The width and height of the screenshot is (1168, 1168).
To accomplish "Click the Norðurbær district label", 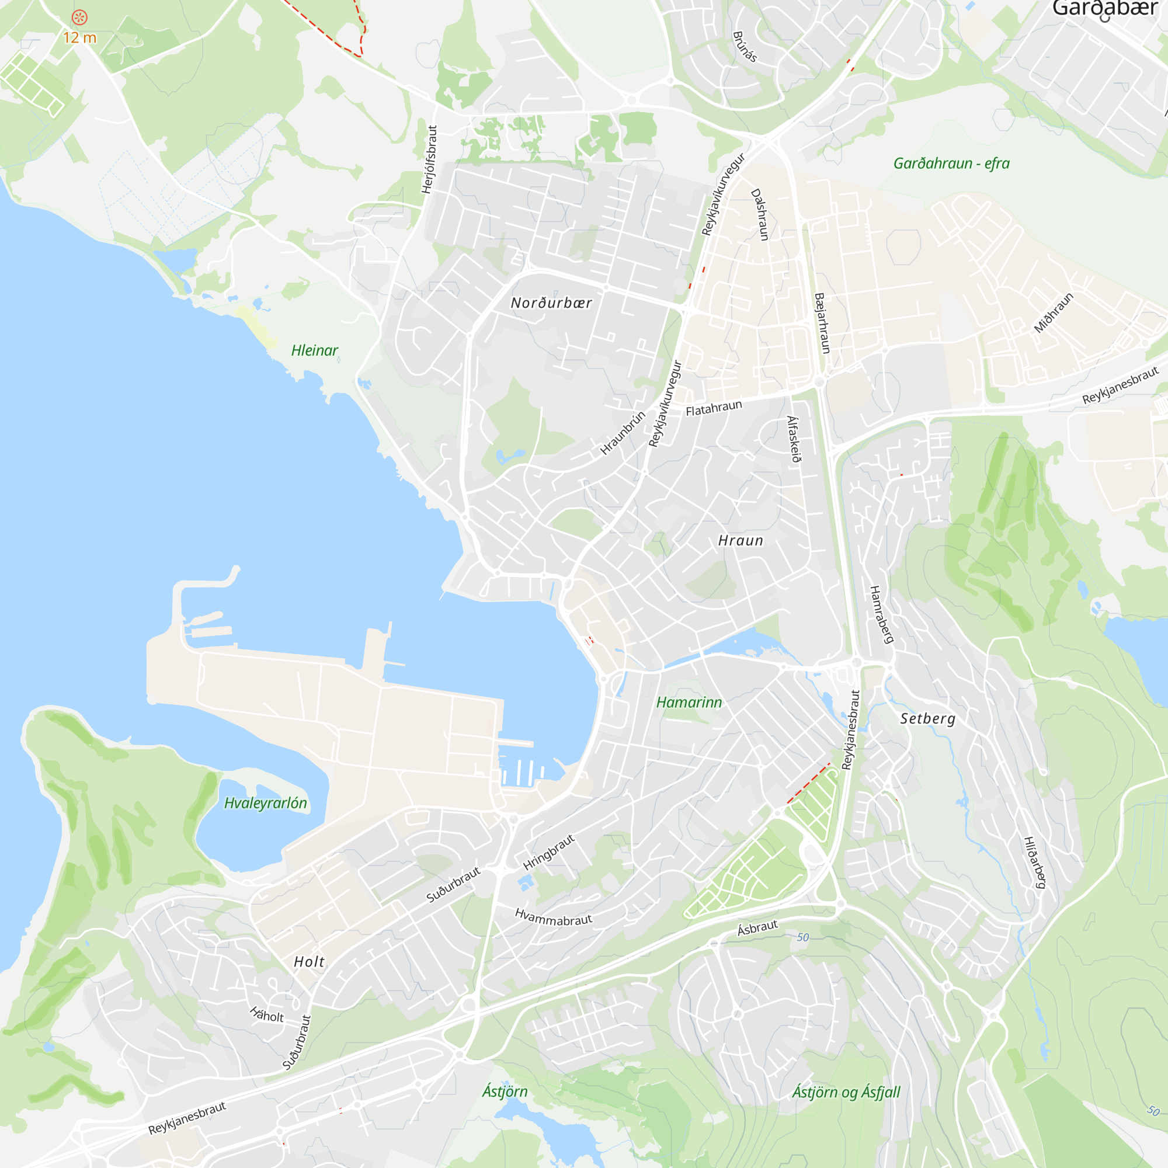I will [551, 303].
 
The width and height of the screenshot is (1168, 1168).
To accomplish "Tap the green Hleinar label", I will [314, 350].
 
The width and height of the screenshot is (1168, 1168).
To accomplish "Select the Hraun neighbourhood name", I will [741, 540].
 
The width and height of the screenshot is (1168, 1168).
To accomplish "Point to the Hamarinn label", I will [689, 703].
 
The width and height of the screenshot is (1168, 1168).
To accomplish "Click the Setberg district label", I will [927, 719].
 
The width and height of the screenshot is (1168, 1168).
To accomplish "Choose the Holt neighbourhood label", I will [309, 962].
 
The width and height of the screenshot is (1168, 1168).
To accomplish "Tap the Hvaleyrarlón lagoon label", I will [265, 803].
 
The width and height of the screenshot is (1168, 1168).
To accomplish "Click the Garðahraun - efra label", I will [951, 164].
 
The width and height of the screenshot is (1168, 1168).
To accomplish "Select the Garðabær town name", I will [1104, 8].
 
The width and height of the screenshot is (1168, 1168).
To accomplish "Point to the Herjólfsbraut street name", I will [429, 159].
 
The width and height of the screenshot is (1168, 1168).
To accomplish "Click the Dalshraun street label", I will [759, 214].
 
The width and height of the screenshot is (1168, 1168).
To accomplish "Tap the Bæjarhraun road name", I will [822, 324].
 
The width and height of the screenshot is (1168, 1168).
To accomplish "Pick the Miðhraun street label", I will [1054, 312].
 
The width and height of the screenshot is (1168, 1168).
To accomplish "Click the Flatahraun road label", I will [714, 409].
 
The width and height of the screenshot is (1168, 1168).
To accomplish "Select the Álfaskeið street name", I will [794, 439].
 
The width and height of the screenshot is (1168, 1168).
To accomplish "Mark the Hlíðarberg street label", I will [1034, 862].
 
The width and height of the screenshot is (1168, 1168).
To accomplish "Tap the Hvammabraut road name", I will [553, 917].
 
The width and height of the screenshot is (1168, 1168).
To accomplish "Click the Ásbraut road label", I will [757, 928].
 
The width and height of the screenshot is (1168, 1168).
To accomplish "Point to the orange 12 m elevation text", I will [80, 37].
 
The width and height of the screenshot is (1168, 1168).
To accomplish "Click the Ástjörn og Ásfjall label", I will [846, 1093].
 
